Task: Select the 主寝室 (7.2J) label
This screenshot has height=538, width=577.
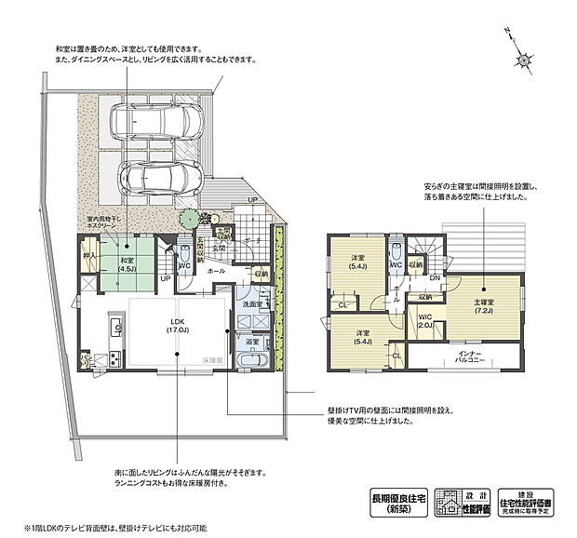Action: point(482,307)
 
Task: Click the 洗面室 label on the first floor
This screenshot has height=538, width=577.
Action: point(251,304)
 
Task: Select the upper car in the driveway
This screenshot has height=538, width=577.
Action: point(155,119)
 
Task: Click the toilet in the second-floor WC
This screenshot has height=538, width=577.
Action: point(397,250)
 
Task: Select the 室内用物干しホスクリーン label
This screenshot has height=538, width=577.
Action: point(96,223)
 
